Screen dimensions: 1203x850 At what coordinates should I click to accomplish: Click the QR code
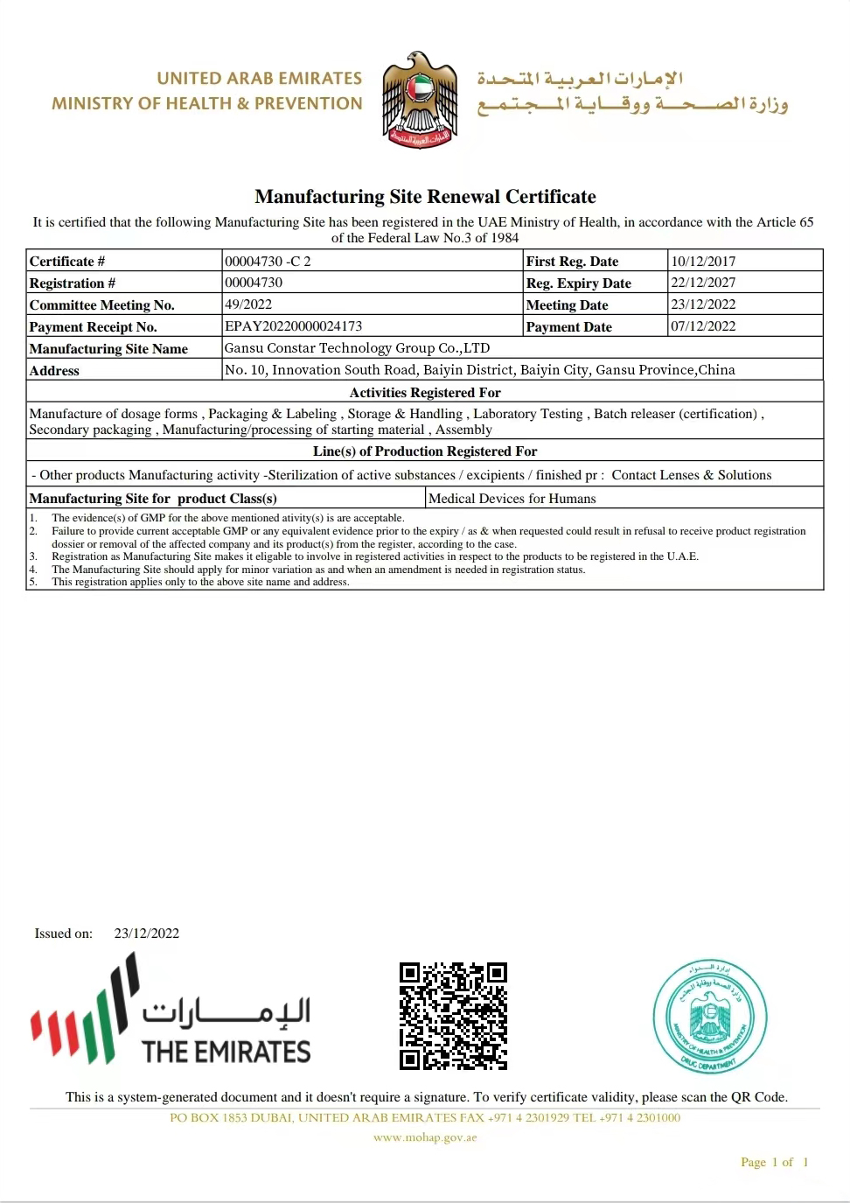453,1016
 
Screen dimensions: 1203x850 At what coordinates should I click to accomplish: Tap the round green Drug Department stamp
709,1017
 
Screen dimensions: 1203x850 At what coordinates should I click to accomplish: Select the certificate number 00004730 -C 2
268,261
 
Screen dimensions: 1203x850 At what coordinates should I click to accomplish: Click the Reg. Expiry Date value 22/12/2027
703,283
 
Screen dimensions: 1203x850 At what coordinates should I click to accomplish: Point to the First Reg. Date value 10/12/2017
703,261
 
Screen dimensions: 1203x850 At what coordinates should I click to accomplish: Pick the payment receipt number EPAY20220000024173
293,326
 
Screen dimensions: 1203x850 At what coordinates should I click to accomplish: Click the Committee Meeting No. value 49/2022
248,304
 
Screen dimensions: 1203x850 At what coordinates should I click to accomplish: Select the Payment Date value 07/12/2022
703,326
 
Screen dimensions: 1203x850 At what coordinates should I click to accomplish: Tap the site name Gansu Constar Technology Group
357,348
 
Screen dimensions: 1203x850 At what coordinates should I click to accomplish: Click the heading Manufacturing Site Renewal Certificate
425,197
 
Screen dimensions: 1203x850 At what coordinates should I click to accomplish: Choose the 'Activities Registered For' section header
425,393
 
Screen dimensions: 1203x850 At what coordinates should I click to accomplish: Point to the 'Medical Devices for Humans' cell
512,499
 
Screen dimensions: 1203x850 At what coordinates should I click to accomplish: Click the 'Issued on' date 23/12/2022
147,934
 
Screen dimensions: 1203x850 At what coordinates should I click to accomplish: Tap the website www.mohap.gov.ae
425,1137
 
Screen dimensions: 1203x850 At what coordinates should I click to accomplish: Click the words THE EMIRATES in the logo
226,1052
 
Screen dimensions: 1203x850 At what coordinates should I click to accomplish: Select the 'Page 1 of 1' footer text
774,1162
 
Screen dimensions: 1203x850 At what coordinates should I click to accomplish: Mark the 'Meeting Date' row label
567,304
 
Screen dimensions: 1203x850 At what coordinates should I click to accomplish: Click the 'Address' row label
54,371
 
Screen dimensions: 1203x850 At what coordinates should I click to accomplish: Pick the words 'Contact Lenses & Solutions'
691,475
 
